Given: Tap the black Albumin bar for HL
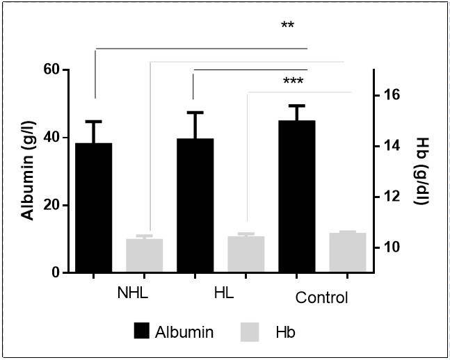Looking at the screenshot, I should point(195,205).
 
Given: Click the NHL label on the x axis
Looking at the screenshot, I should point(131,293).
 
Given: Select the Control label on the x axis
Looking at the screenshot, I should point(321,298).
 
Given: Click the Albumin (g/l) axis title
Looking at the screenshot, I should point(28,170).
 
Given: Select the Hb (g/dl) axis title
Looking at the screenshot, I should point(422,171).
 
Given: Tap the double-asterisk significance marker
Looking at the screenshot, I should point(288,26).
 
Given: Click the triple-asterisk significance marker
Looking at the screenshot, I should point(294,81).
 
